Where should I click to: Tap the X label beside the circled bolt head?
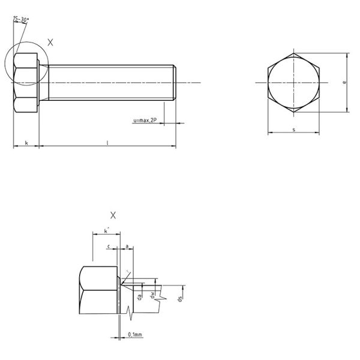tap(50, 42)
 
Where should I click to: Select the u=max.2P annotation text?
tap(145, 121)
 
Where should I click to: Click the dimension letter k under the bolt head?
tap(26, 142)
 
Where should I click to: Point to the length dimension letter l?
tap(107, 142)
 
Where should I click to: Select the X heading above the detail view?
tap(113, 215)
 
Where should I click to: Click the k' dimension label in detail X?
tap(106, 230)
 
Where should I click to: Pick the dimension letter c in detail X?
tap(108, 246)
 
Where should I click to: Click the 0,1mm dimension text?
tap(134, 334)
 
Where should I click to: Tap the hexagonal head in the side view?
tap(26, 82)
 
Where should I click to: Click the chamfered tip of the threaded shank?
tap(174, 82)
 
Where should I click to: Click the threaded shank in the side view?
tap(108, 82)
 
